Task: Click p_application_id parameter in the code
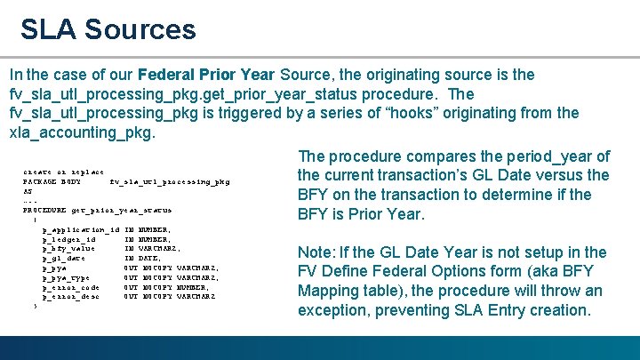[80, 229]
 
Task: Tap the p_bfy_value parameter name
[68, 248]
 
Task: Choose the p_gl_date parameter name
[65, 258]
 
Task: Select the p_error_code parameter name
[70, 287]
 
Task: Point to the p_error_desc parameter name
[70, 296]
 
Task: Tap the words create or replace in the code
[63, 172]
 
